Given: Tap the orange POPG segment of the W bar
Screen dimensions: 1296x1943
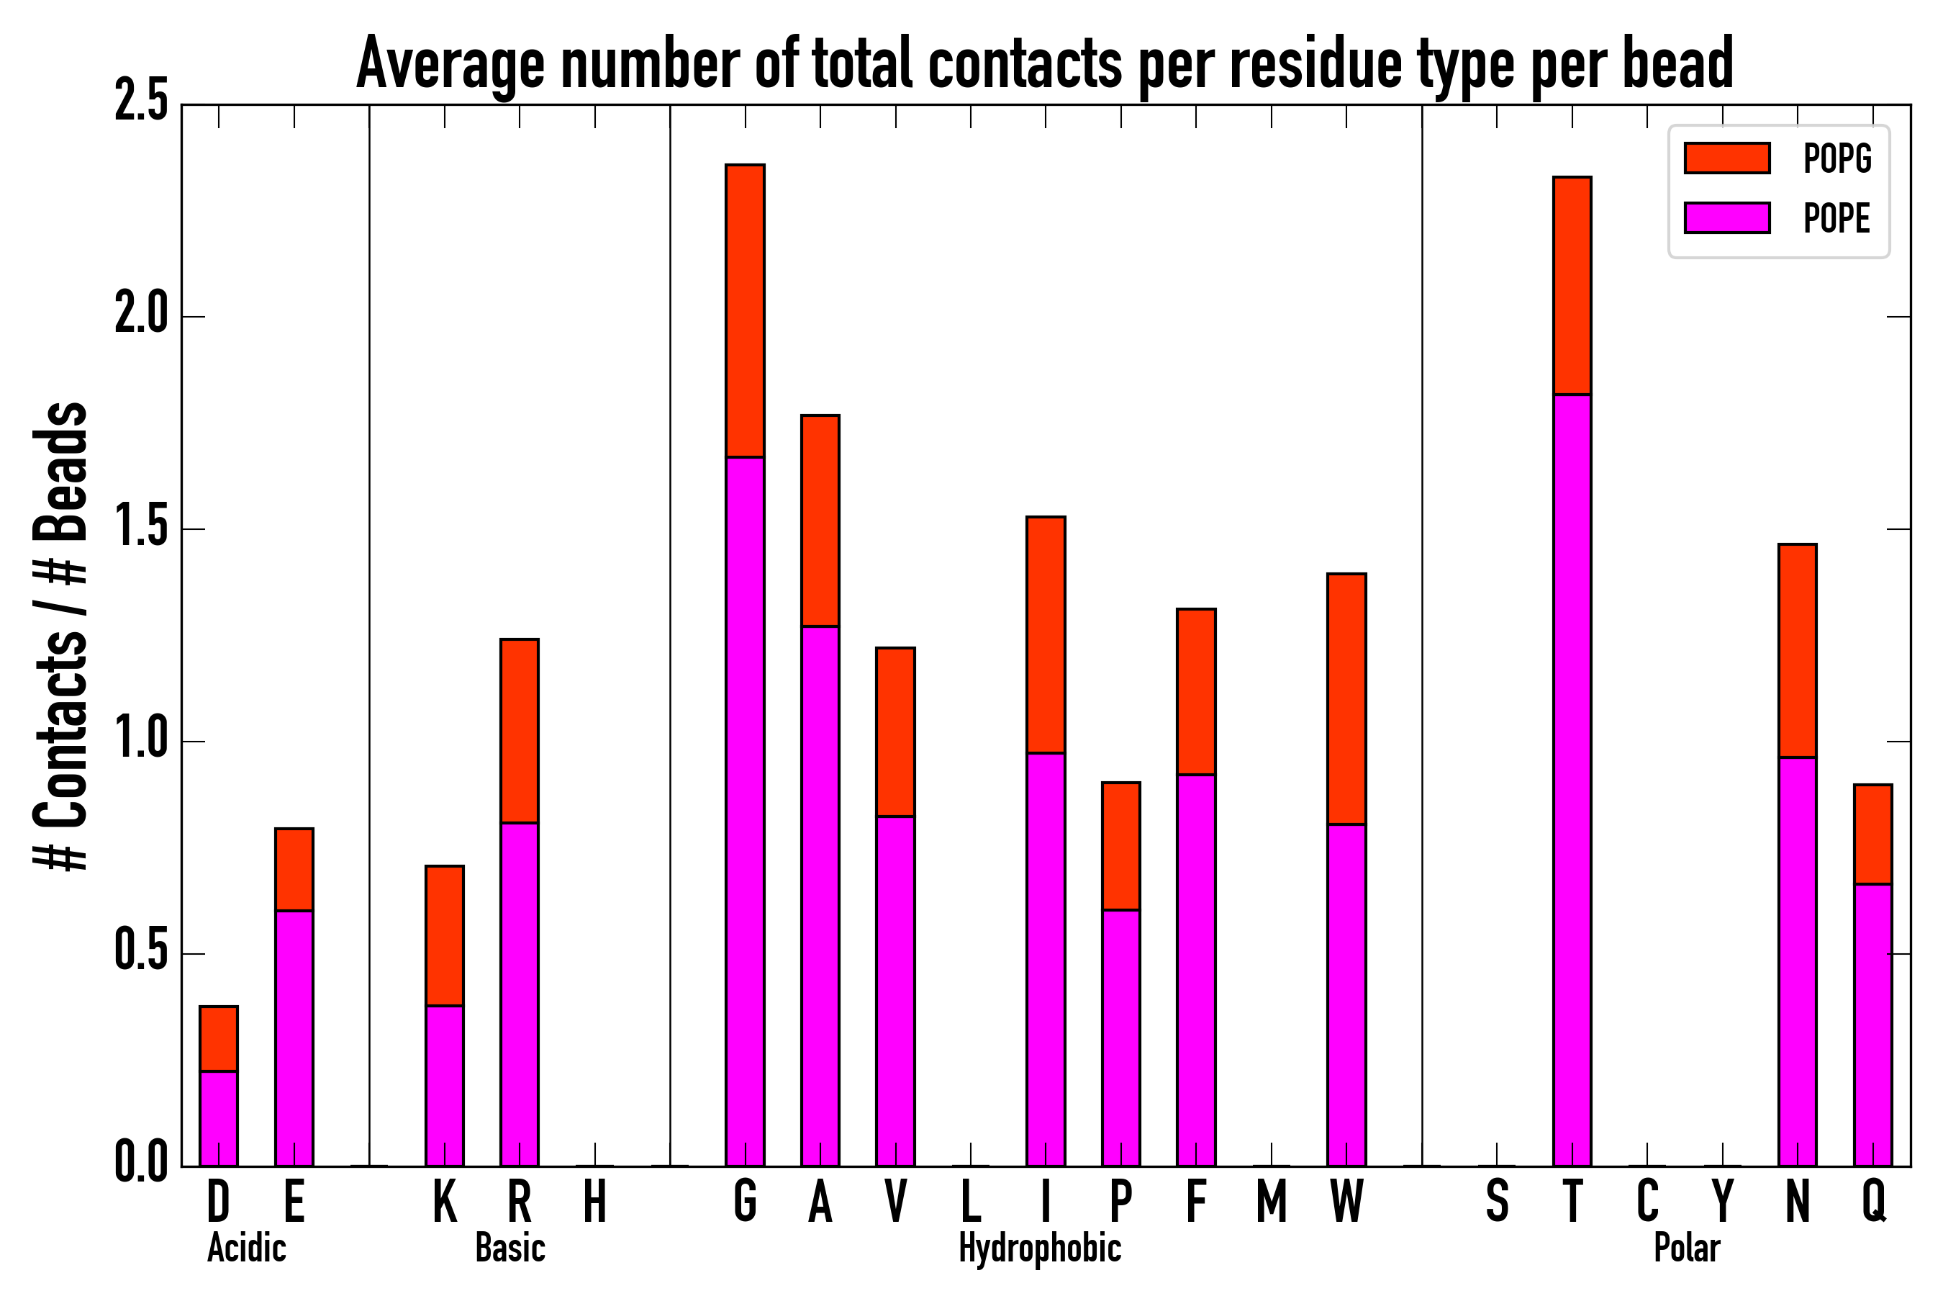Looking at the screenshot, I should (1346, 698).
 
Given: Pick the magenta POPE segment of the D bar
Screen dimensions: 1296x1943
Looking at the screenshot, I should (218, 1118).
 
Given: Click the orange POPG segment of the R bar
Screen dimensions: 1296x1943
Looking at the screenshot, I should (519, 731).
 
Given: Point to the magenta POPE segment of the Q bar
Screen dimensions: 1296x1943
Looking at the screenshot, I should (1872, 1025).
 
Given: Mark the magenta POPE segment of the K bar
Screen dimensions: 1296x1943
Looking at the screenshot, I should (445, 1085).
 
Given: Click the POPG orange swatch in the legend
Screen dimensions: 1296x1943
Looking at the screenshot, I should (1726, 158).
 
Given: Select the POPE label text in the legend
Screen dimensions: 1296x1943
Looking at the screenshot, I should (1836, 218).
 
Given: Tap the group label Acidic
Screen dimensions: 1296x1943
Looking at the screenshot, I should (246, 1248).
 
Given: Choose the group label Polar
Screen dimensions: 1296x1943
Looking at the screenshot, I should (1687, 1248).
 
